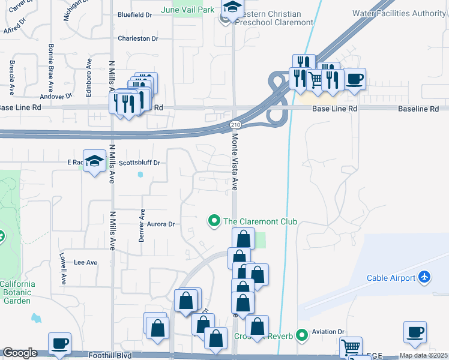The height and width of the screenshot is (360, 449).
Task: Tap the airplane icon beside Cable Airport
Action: coord(425,277)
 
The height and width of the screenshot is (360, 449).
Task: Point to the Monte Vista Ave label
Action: coord(235,163)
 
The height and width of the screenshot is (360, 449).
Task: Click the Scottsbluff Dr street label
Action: coord(139,163)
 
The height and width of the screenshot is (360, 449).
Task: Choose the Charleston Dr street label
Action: coord(137,38)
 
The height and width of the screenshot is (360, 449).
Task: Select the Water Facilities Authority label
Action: coord(399,13)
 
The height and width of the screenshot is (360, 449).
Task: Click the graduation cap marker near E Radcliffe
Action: coord(94,161)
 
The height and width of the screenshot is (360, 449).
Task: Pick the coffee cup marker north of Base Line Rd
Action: coord(355,79)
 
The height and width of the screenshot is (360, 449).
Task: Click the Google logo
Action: coord(20,353)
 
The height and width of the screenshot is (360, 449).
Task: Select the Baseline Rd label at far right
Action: coord(418,109)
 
